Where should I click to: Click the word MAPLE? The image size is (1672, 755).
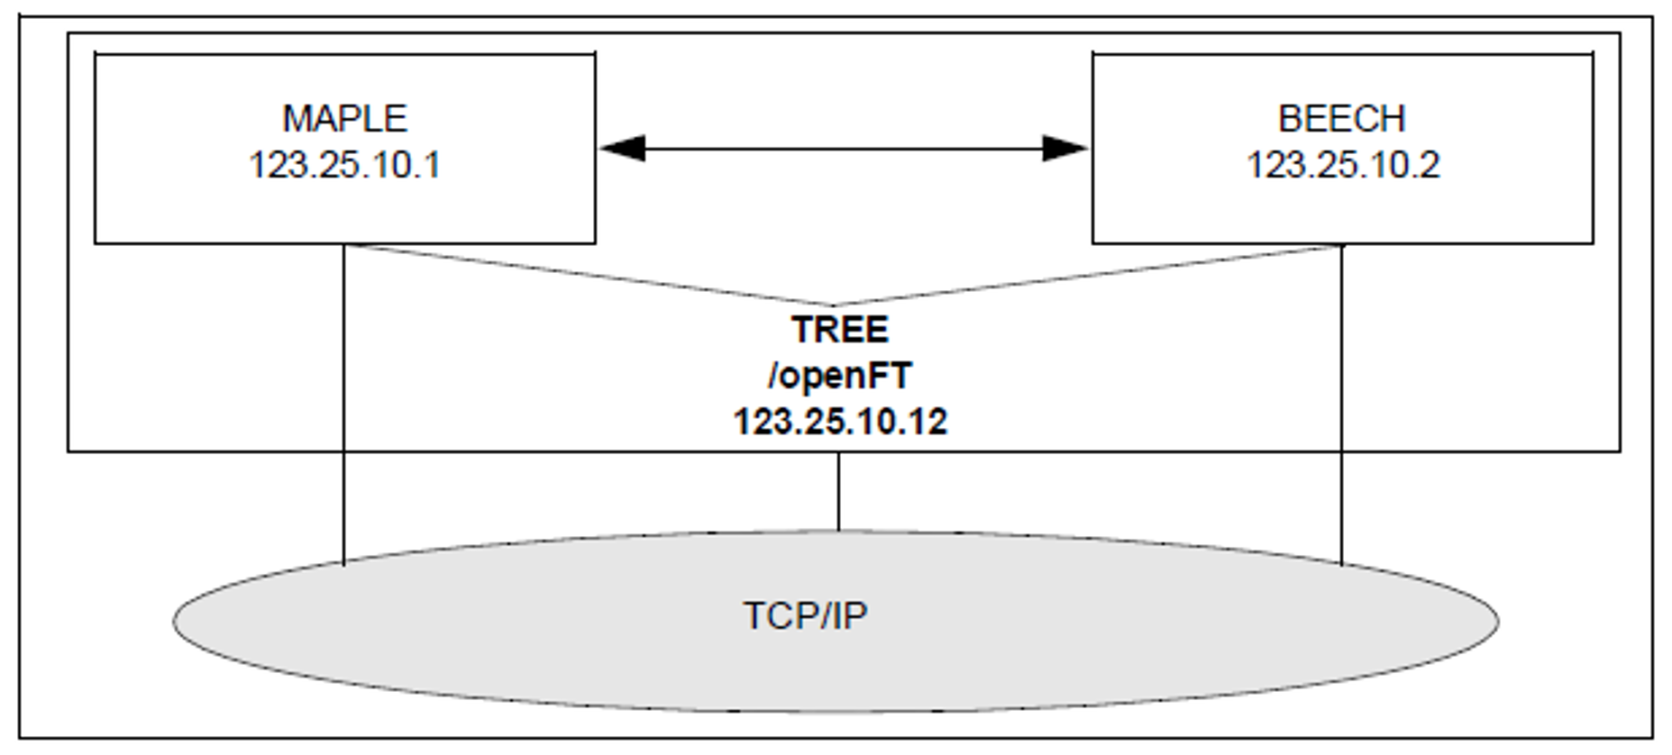click(x=344, y=119)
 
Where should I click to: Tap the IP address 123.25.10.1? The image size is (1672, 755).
click(x=344, y=166)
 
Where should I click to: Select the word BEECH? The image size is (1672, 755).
click(x=1341, y=119)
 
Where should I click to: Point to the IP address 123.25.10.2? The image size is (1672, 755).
click(x=1343, y=166)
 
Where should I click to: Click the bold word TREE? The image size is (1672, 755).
click(x=840, y=330)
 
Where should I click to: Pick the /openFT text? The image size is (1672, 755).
click(x=840, y=376)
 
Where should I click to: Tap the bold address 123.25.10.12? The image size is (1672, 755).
click(x=840, y=422)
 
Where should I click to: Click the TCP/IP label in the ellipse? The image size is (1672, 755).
click(x=805, y=616)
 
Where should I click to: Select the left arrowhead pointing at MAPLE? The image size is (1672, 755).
click(x=622, y=149)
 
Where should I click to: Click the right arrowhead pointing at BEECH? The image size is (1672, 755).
click(x=1064, y=149)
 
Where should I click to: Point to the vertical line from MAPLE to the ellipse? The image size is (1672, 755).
click(x=343, y=405)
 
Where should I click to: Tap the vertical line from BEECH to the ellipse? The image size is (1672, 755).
click(x=1342, y=405)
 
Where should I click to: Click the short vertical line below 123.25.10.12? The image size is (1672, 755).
click(x=838, y=491)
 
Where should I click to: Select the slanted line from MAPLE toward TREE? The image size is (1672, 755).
click(x=586, y=275)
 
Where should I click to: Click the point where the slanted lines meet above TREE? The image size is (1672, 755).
click(x=832, y=306)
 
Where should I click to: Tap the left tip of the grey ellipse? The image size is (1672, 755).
click(x=175, y=622)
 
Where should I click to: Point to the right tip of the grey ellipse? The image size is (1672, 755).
click(x=1498, y=622)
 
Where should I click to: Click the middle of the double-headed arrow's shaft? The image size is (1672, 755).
click(x=844, y=149)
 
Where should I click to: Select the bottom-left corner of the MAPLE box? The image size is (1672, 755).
click(x=96, y=242)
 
